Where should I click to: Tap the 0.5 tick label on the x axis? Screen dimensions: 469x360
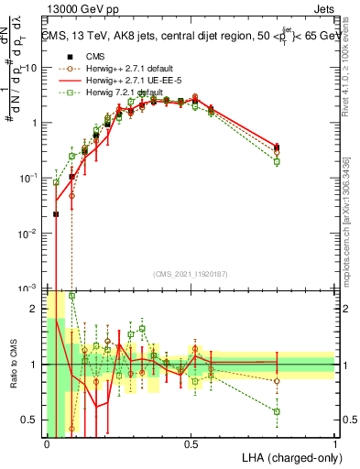coord(191,442)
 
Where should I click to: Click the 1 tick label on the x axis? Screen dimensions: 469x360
coord(335,442)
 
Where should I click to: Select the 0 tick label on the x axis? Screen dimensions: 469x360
coord(47,442)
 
